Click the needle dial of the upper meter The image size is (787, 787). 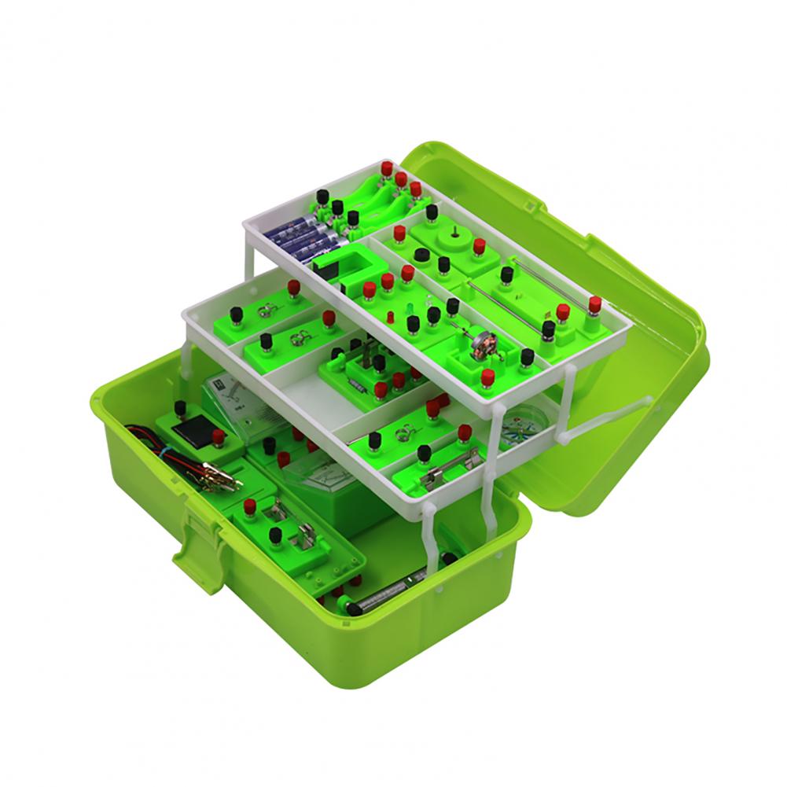(228, 393)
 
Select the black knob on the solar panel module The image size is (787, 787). (179, 408)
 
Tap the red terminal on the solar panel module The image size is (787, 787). (218, 435)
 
